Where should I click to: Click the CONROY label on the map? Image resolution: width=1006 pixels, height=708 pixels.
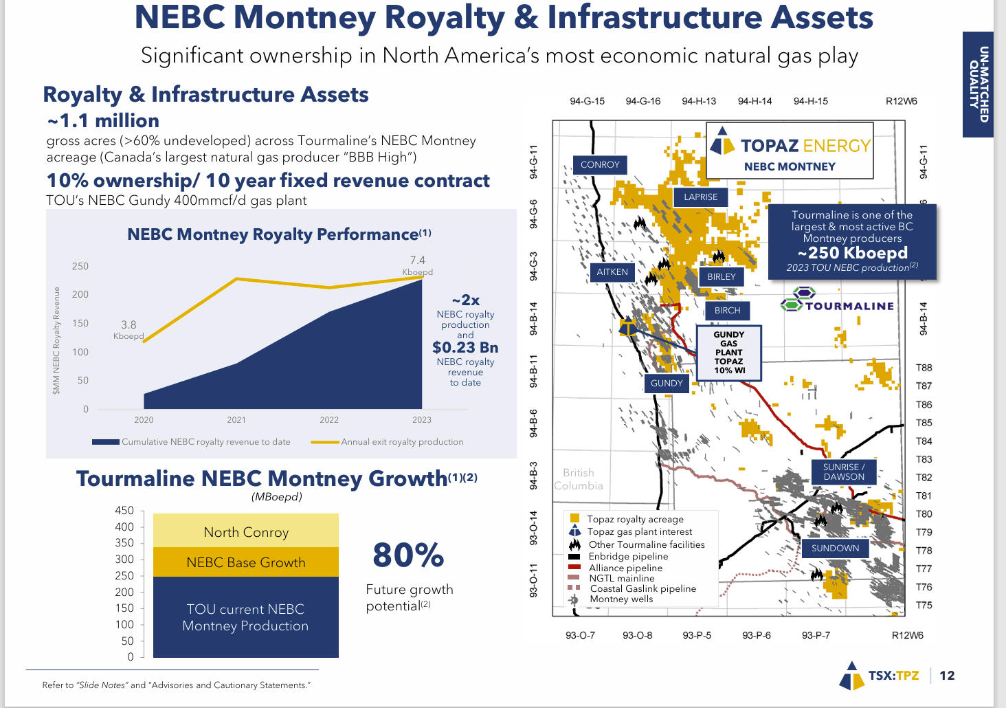click(600, 165)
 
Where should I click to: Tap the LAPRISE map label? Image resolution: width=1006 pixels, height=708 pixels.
click(700, 197)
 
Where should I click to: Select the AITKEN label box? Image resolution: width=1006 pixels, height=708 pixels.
click(612, 272)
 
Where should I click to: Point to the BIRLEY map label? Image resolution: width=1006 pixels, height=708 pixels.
click(721, 277)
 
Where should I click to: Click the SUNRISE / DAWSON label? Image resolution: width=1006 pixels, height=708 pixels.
click(843, 472)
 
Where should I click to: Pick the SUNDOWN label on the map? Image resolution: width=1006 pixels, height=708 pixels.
click(835, 549)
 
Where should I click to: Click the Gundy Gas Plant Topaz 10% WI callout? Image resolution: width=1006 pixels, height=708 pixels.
click(728, 352)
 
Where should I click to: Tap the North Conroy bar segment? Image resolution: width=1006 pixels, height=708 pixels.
click(246, 532)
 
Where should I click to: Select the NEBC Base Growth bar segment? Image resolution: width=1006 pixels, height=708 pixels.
click(246, 562)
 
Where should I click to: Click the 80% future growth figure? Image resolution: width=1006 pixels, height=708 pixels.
click(408, 555)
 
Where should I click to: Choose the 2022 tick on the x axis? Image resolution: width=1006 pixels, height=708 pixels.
click(329, 420)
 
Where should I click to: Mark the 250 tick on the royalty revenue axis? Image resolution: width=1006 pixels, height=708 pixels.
click(80, 266)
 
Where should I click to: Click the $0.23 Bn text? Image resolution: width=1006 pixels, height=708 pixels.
click(465, 348)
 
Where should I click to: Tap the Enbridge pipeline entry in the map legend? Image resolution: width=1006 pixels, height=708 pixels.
click(627, 557)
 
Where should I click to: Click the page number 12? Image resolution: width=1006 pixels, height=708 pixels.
click(947, 676)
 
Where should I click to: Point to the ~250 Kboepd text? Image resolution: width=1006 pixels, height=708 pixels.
click(852, 253)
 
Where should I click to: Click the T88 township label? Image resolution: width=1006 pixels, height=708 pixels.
click(924, 368)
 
